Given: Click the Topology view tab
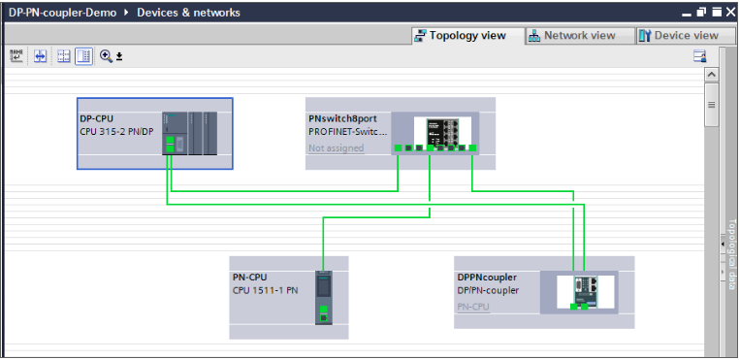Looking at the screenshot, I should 460,35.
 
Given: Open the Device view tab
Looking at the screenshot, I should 679,35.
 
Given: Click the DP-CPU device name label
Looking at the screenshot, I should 97,117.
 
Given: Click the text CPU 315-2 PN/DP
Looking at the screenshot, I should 116,130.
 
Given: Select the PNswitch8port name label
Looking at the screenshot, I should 342,117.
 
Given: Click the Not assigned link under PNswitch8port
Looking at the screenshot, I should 336,148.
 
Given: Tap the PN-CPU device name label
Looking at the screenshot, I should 249,277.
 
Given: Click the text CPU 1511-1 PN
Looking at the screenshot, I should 264,289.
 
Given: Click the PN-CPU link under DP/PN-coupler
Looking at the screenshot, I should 473,307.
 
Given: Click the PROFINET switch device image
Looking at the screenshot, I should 441,133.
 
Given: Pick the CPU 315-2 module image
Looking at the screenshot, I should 190,132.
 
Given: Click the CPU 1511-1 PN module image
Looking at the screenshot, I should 324,295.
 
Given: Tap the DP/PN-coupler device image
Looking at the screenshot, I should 584,292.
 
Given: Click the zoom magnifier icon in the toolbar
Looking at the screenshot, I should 106,56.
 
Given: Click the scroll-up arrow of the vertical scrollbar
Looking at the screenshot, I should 711,74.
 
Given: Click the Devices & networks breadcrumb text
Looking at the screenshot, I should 188,13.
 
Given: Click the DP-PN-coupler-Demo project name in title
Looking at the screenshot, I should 62,13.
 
